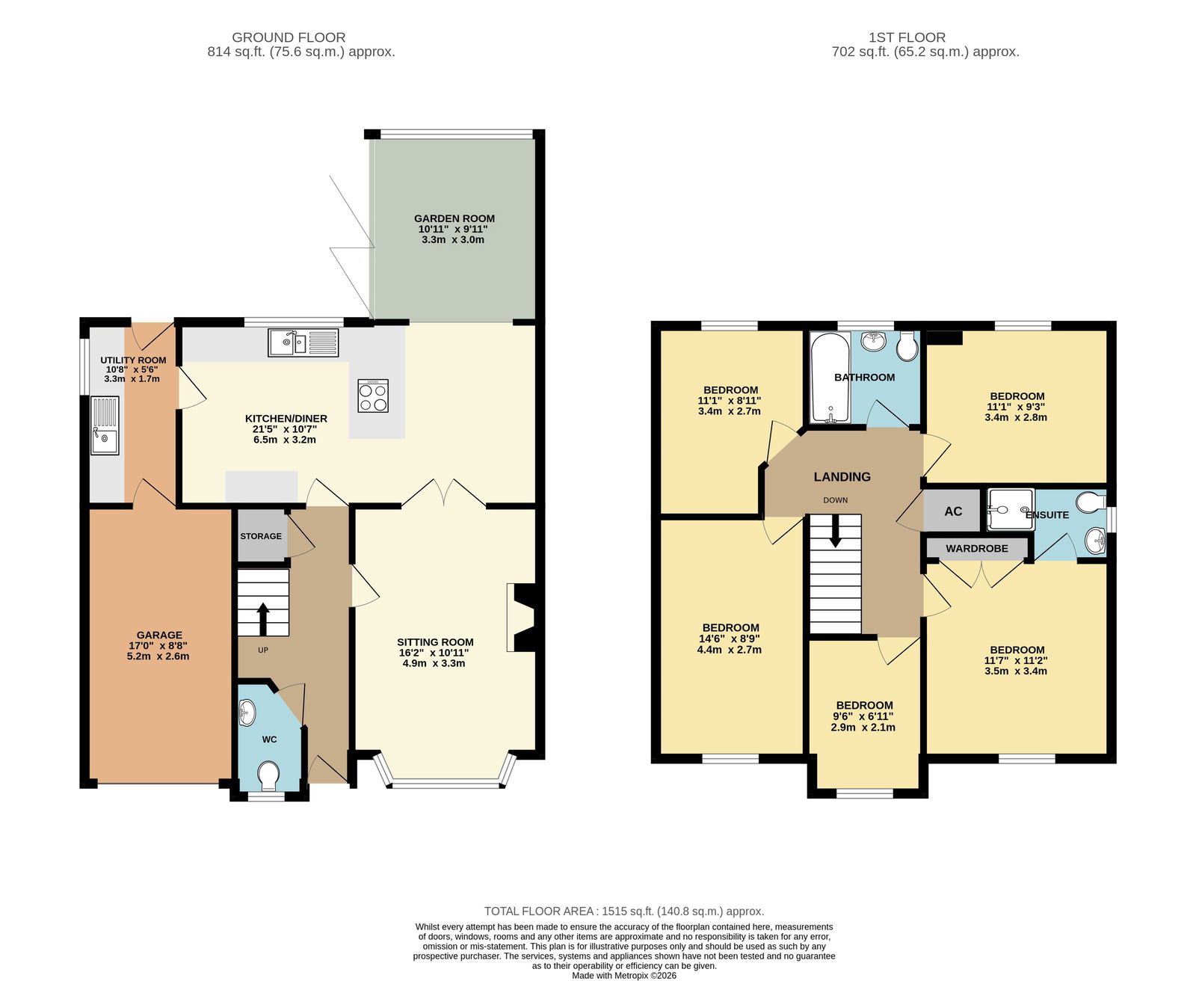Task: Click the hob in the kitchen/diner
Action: pos(373,395)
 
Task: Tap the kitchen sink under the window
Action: pos(303,342)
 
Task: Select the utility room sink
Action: pos(105,425)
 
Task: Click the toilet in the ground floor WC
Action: pos(268,775)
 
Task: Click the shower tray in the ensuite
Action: pos(1011,509)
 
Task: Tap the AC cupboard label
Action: pos(953,511)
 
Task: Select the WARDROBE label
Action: pos(976,549)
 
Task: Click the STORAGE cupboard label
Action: pos(261,536)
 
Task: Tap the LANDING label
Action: pos(842,477)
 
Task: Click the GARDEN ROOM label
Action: pos(454,218)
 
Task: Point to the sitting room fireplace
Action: pos(523,618)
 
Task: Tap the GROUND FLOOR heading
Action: pos(289,37)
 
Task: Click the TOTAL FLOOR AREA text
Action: pos(624,911)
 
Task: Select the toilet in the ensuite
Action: pos(1091,502)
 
